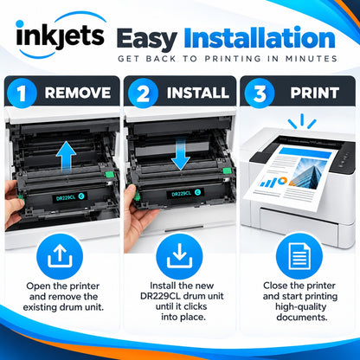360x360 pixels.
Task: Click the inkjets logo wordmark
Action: pyautogui.click(x=60, y=37)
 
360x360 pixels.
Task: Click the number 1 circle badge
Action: pyautogui.click(x=22, y=93)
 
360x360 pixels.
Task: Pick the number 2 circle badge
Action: pyautogui.click(x=143, y=93)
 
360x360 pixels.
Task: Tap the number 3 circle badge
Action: pyautogui.click(x=260, y=93)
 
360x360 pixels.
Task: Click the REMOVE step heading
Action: pyautogui.click(x=78, y=93)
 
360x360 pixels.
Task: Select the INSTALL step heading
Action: pyautogui.click(x=198, y=93)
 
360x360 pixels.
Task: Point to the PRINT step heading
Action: pyautogui.click(x=315, y=93)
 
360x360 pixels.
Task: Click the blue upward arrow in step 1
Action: pyautogui.click(x=66, y=157)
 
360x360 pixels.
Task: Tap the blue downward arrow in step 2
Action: pyautogui.click(x=181, y=154)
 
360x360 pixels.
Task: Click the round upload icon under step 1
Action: pyautogui.click(x=60, y=256)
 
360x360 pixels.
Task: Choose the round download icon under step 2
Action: pyautogui.click(x=179, y=256)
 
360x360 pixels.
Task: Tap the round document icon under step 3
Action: pyautogui.click(x=299, y=256)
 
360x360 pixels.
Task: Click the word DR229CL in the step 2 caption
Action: pyautogui.click(x=161, y=296)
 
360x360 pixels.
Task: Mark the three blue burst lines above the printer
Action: pyautogui.click(x=302, y=121)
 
